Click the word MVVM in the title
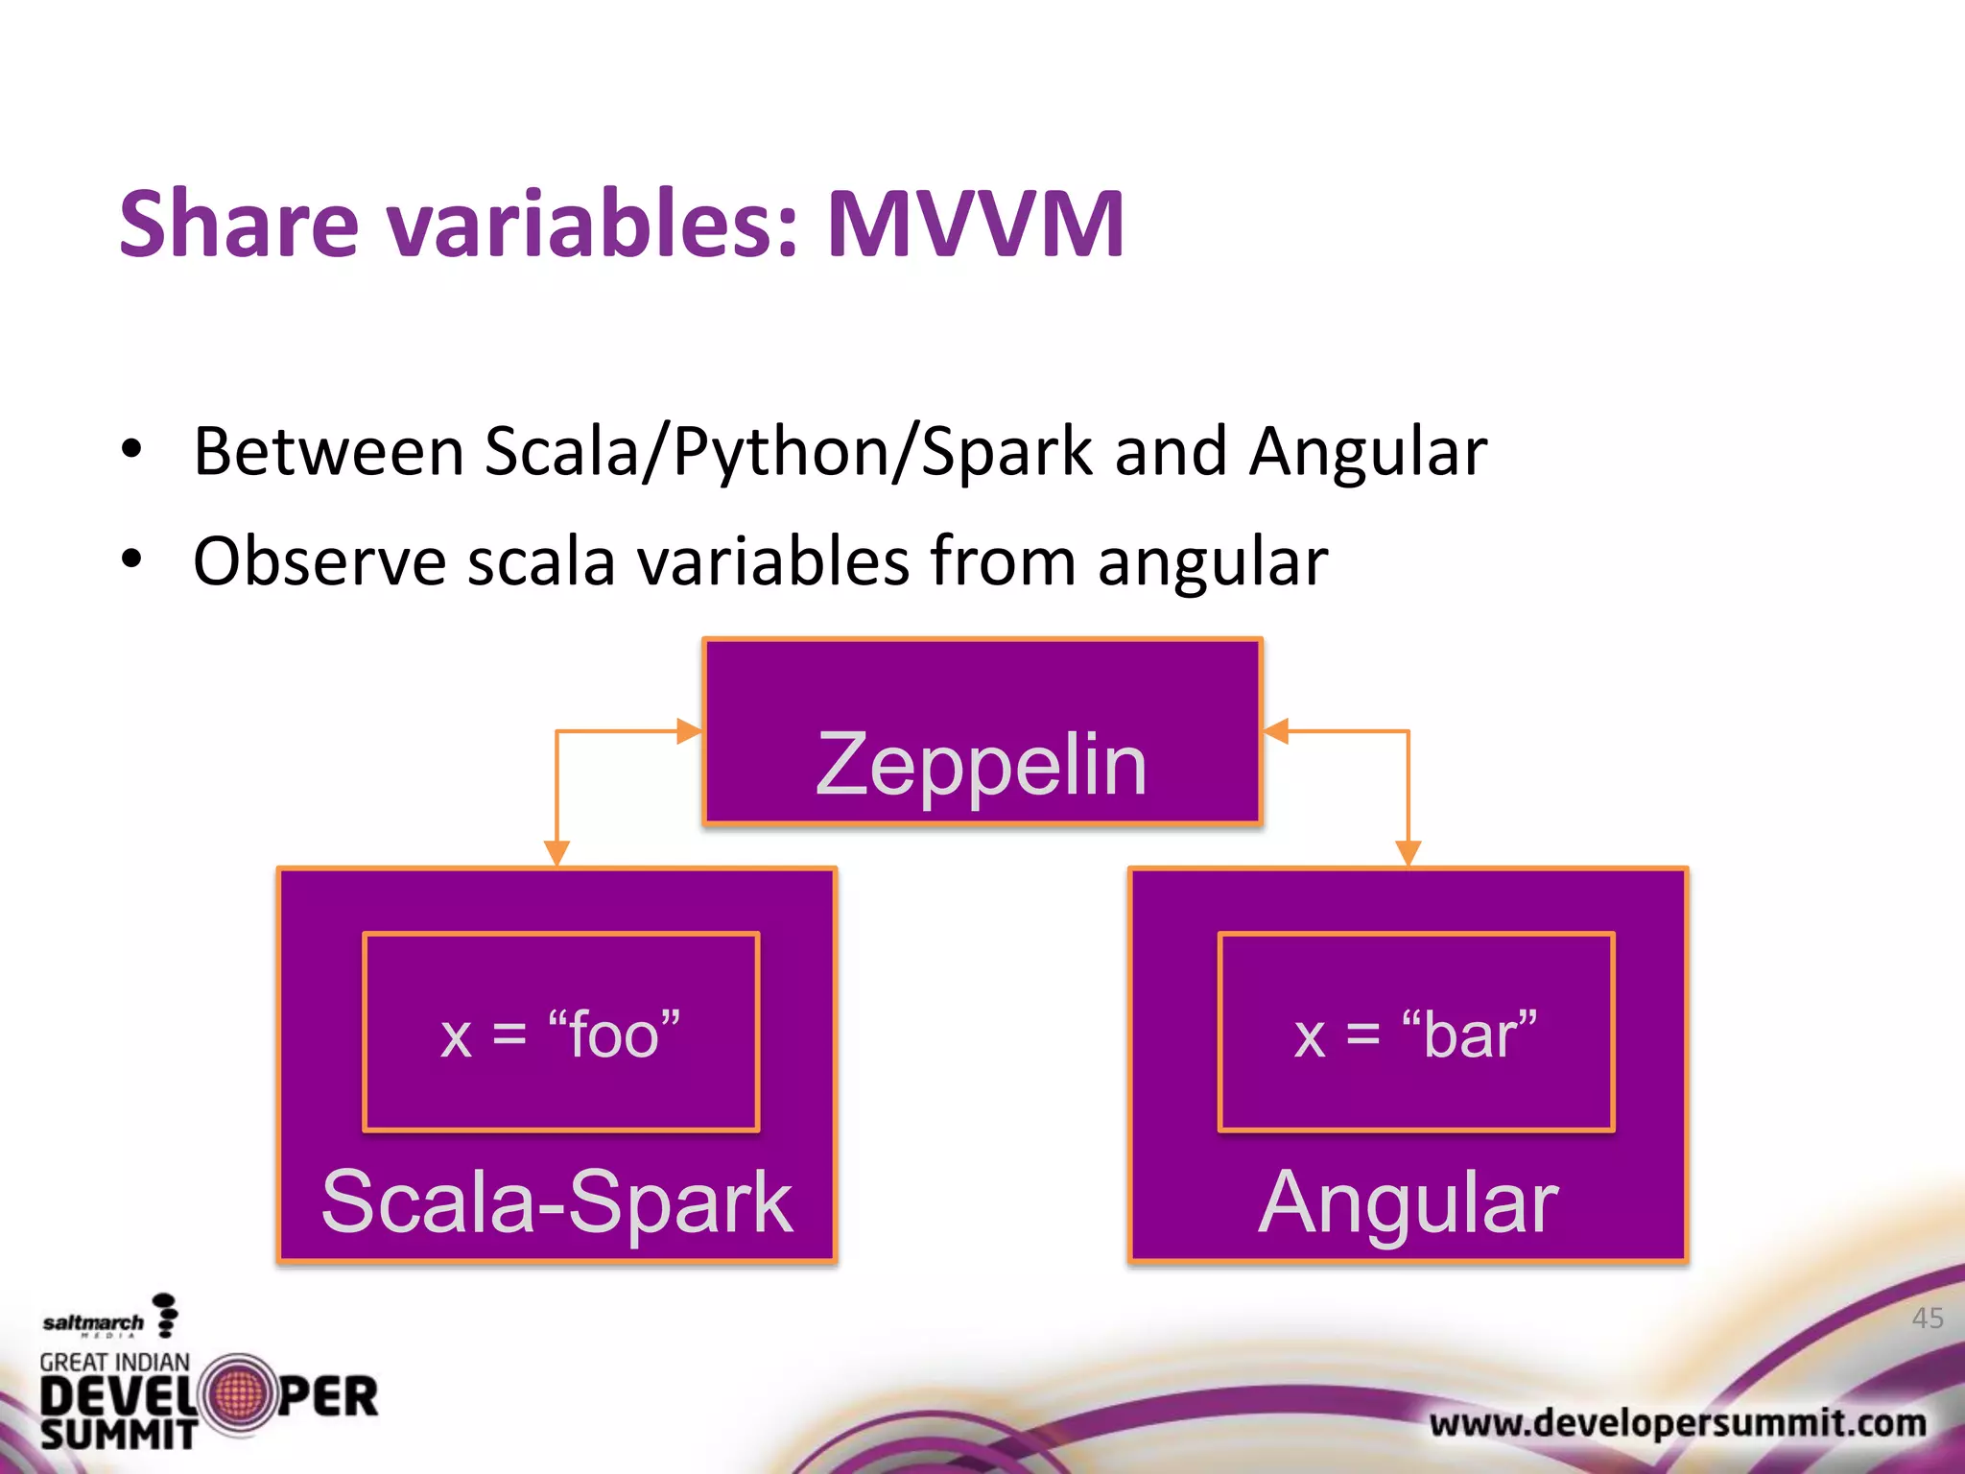coord(975,225)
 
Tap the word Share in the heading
coord(238,225)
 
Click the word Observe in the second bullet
coord(319,561)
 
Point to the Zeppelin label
coord(981,765)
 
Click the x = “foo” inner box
coord(561,1033)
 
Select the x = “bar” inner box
coord(1416,1033)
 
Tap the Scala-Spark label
coord(556,1201)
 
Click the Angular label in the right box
coord(1408,1201)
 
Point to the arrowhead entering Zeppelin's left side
coord(689,731)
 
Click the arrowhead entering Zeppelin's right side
coord(1277,731)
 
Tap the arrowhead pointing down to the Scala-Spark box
coord(556,852)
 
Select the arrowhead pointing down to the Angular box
coord(1408,852)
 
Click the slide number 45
coord(1927,1318)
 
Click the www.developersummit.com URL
coord(1677,1422)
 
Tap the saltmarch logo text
coord(93,1322)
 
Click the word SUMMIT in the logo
coord(118,1435)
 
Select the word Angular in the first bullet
coord(1367,452)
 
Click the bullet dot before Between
coord(132,448)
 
